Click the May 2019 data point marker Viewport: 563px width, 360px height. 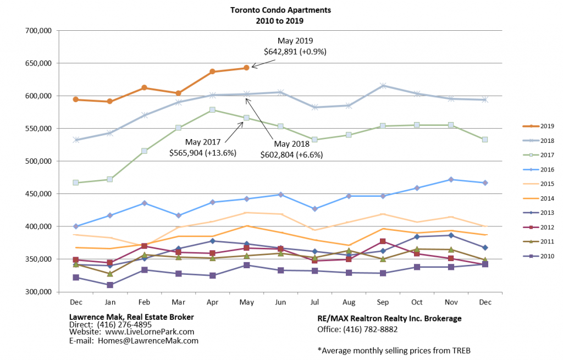(246, 68)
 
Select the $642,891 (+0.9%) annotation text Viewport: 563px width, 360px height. (295, 52)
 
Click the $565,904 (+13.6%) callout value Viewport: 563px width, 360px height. (203, 153)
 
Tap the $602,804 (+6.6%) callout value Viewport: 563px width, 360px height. (291, 155)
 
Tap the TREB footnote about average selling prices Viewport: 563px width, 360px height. (394, 350)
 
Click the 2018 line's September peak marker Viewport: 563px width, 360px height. (383, 86)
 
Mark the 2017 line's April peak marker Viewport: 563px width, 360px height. (212, 110)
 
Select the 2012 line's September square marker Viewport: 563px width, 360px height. (383, 241)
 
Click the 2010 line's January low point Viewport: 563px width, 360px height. (110, 285)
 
